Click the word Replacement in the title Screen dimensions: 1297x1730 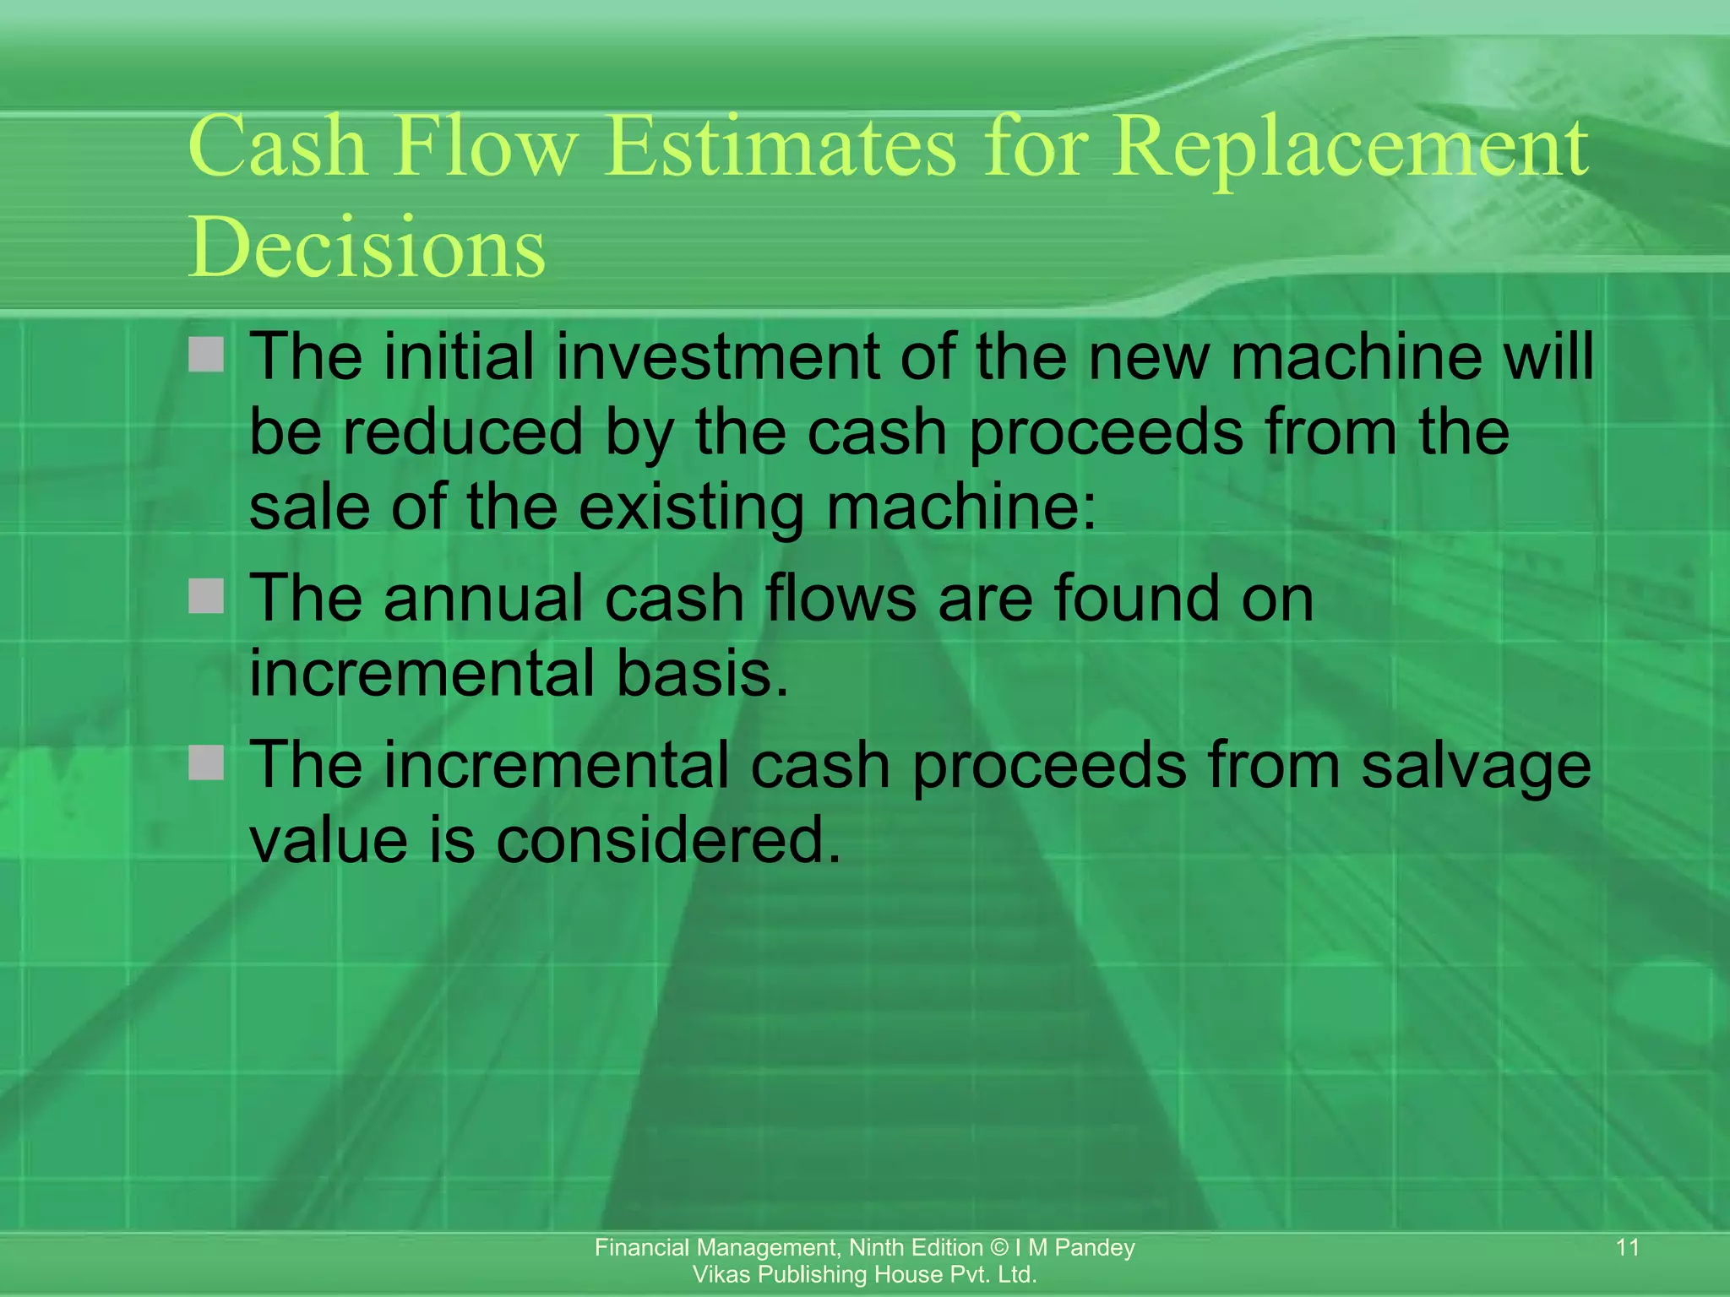click(1349, 149)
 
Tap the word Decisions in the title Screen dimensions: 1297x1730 click(367, 247)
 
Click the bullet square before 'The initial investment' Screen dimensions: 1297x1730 click(206, 355)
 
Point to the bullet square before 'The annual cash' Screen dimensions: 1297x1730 click(206, 596)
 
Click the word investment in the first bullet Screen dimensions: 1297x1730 click(717, 356)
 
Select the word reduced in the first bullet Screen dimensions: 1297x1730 click(463, 432)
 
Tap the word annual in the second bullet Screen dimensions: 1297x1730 click(483, 599)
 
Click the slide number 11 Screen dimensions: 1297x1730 click(1627, 1247)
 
